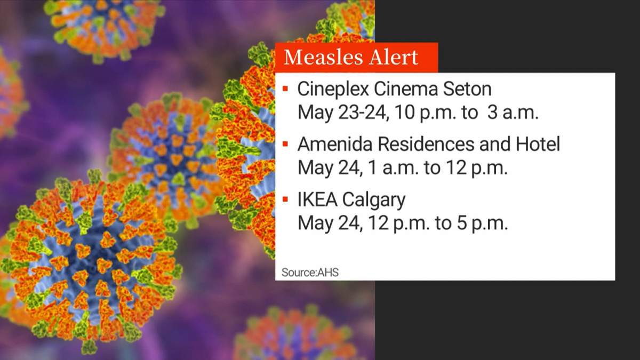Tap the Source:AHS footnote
(x=310, y=272)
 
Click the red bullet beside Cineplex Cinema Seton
(x=286, y=87)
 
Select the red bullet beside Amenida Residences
(x=286, y=143)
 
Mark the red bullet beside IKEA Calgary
(x=286, y=199)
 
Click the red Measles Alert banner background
(x=427, y=49)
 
